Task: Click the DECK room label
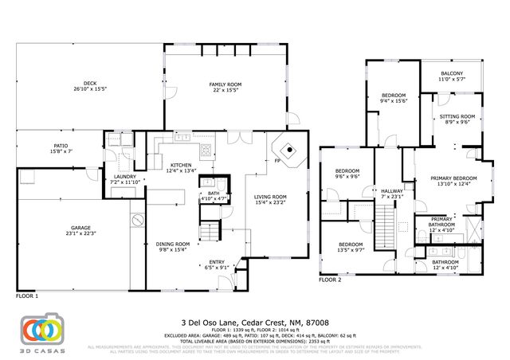[x=89, y=85]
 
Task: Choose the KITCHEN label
[x=180, y=167]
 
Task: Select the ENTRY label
[x=217, y=264]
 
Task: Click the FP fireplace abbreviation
[x=277, y=160]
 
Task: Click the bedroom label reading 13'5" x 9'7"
[x=351, y=247]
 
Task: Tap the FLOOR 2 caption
[x=330, y=280]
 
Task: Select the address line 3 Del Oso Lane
[x=255, y=323]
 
